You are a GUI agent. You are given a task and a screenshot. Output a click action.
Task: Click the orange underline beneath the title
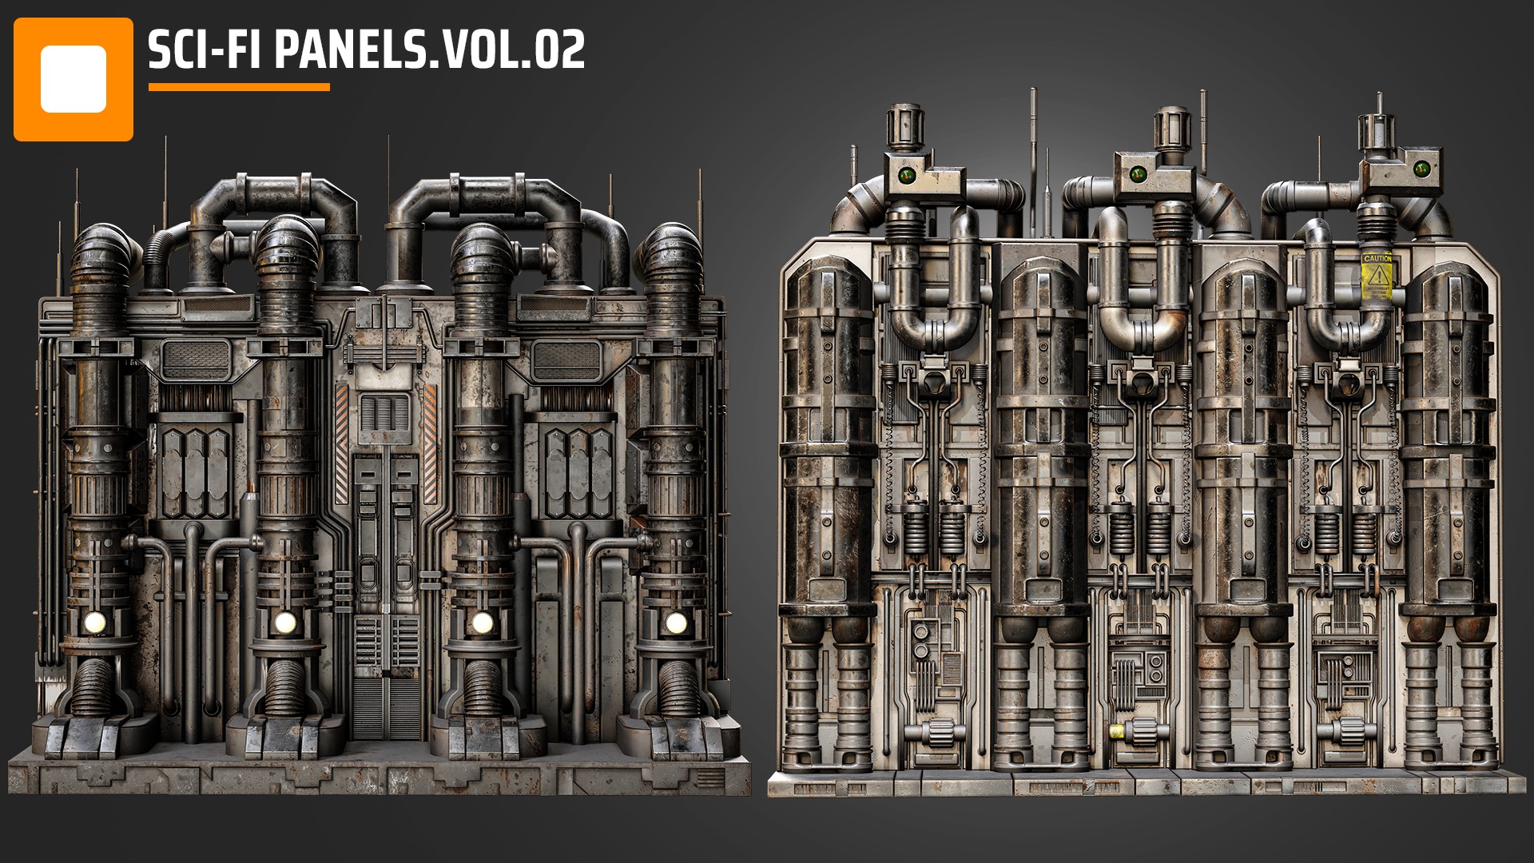[239, 87]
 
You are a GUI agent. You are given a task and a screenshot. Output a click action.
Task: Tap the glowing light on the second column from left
[284, 622]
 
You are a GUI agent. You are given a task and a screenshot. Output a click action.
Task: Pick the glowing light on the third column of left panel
[482, 622]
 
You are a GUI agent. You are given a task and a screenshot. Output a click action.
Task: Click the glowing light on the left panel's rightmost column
[675, 622]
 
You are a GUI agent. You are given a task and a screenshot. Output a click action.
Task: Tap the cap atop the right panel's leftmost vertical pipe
[904, 125]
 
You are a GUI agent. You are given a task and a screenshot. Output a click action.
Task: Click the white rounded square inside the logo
[73, 79]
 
